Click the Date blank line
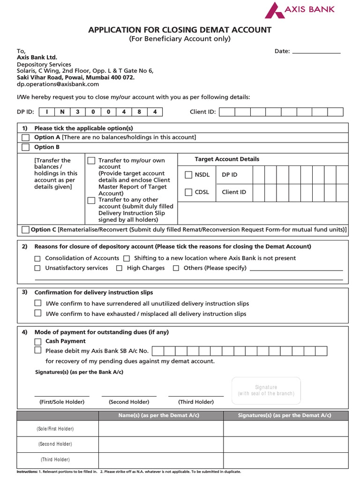pyautogui.click(x=316, y=52)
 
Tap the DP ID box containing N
pyautogui.click(x=62, y=112)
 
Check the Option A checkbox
pyautogui.click(x=26, y=137)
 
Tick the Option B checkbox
pyautogui.click(x=26, y=147)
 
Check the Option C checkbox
pyautogui.click(x=25, y=230)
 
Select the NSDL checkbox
pyautogui.click(x=188, y=175)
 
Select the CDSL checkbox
pyautogui.click(x=188, y=192)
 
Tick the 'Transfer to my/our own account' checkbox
pyautogui.click(x=91, y=161)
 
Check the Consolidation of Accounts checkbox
pyautogui.click(x=37, y=258)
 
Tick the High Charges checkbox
pyautogui.click(x=119, y=268)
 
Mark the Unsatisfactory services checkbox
pyautogui.click(x=37, y=268)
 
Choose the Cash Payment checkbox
pyautogui.click(x=38, y=341)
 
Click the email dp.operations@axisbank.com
pyautogui.click(x=58, y=84)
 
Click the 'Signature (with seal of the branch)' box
pyautogui.click(x=266, y=390)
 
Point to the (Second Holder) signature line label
pyautogui.click(x=129, y=402)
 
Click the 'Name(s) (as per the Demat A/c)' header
pyautogui.click(x=161, y=415)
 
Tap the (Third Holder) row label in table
pyautogui.click(x=55, y=459)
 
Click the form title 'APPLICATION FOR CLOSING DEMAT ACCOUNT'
pyautogui.click(x=180, y=30)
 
